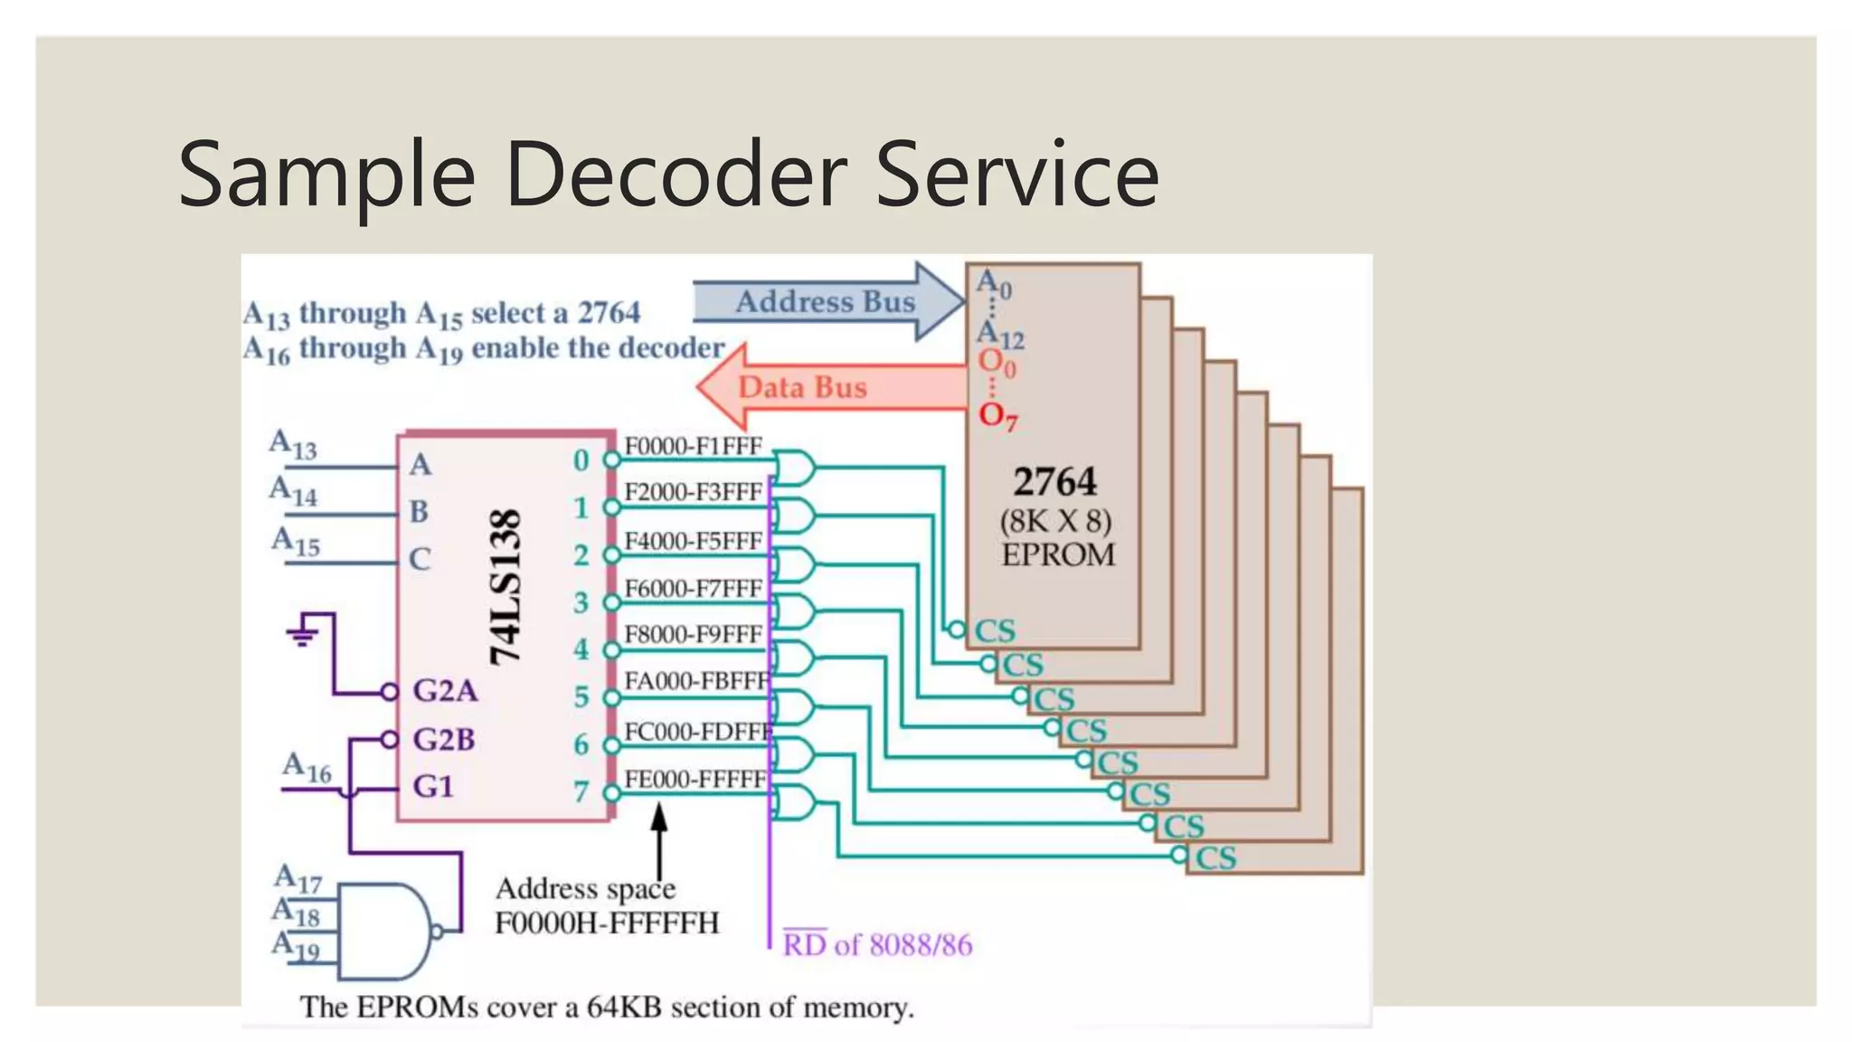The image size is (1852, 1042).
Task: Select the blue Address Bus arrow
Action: coord(825,301)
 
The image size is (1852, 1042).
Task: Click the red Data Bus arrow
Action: coord(803,387)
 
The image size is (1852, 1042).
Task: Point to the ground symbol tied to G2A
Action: coord(303,633)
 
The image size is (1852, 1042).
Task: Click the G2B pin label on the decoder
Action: coord(443,740)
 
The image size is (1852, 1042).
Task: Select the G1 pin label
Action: coord(433,786)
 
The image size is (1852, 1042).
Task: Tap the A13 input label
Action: coord(293,445)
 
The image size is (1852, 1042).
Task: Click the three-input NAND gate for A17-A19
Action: coord(384,932)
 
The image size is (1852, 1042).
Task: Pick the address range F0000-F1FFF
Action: coord(694,446)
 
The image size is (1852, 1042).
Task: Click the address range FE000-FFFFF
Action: coord(695,779)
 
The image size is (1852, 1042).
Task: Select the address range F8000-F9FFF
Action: coord(694,634)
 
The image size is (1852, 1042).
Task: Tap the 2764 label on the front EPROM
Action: coord(1054,481)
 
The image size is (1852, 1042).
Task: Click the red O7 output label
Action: coord(997,416)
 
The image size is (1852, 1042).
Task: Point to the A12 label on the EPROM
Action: coord(1000,336)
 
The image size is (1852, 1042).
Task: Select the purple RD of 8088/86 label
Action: coord(876,945)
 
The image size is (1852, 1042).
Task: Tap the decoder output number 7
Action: coord(581,792)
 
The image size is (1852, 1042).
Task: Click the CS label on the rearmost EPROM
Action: coord(1215,857)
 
